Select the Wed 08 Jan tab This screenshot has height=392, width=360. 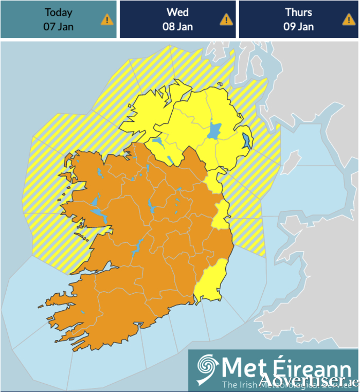coord(177,20)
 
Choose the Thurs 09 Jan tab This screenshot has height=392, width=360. coord(298,20)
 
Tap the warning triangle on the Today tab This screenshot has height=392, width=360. coord(107,20)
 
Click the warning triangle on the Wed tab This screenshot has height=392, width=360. coord(226,20)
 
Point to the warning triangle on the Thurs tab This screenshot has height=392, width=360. coord(349,20)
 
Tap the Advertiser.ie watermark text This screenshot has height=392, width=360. coord(309,381)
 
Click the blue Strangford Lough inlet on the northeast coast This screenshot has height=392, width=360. coord(247,141)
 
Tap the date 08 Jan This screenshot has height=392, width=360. coord(177,27)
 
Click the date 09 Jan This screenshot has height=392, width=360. coord(298,27)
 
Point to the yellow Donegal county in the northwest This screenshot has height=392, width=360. coord(149,111)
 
